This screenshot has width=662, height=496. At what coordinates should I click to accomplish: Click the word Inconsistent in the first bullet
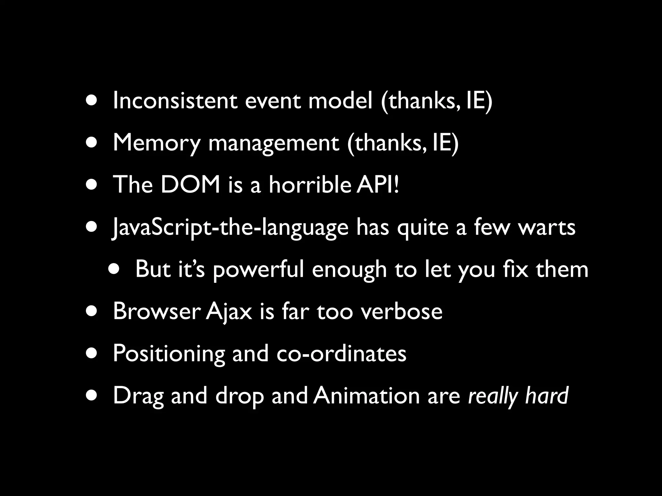pyautogui.click(x=175, y=101)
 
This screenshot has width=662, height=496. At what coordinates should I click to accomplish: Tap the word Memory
pyautogui.click(x=156, y=143)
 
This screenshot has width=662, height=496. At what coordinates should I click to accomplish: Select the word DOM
pyautogui.click(x=190, y=185)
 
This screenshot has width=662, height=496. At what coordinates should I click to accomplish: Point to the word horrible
pyautogui.click(x=310, y=185)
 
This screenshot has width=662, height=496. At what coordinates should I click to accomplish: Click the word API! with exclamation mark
pyautogui.click(x=378, y=185)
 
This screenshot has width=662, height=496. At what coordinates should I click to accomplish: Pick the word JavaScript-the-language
pyautogui.click(x=230, y=228)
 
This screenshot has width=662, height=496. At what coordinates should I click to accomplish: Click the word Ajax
pyautogui.click(x=229, y=312)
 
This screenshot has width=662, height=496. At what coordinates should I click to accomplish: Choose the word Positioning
pyautogui.click(x=168, y=354)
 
